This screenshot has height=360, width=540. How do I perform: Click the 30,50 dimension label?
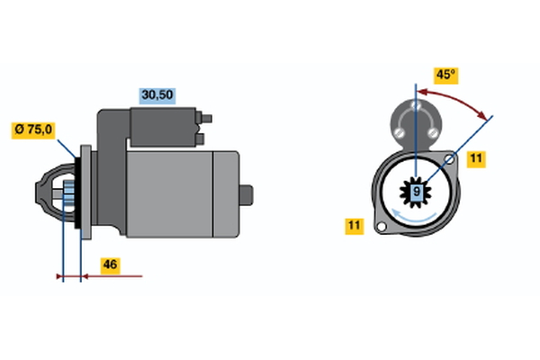pos(157,95)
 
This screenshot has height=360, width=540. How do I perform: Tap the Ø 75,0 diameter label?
pos(33,130)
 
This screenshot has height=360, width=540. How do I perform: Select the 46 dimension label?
pos(110,265)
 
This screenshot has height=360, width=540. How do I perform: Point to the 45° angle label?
pos(446,76)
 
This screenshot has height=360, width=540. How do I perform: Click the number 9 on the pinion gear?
pos(417,192)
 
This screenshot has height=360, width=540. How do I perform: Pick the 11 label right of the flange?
pos(476,158)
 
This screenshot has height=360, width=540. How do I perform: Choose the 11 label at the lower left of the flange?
pos(355,226)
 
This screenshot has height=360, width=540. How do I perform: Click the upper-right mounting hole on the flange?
pos(449,158)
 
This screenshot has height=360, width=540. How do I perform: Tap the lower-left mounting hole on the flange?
pos(382,227)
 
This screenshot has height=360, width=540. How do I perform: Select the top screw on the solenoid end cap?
pos(417,105)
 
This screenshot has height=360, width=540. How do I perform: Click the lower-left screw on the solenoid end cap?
pos(399,132)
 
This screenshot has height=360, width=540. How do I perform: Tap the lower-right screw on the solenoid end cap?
pos(433,132)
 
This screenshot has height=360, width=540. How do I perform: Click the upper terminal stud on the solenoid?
pos(204,118)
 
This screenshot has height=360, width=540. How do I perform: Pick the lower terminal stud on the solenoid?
pos(200,139)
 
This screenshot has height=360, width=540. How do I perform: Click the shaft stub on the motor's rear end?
pos(247,195)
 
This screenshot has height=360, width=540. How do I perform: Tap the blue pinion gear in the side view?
pos(69,193)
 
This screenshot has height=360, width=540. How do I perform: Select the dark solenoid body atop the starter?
pos(164,126)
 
